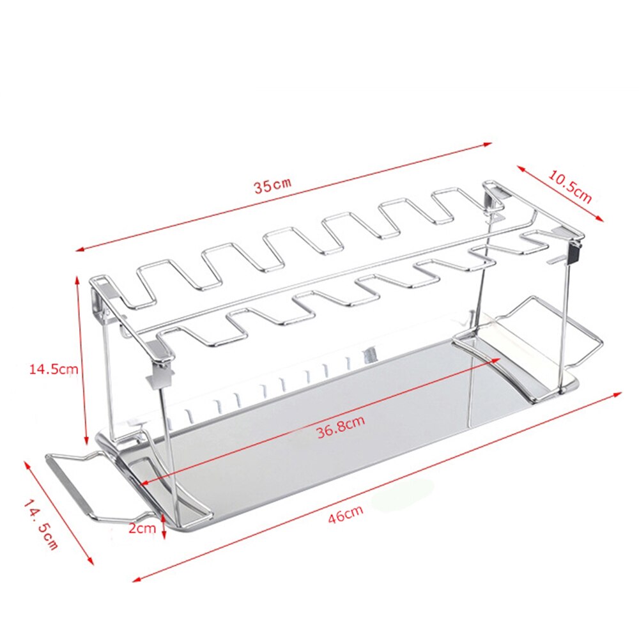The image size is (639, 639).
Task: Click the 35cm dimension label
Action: click(272, 186)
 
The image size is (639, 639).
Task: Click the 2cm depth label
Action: click(142, 528)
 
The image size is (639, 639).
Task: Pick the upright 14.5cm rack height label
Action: click(54, 369)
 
